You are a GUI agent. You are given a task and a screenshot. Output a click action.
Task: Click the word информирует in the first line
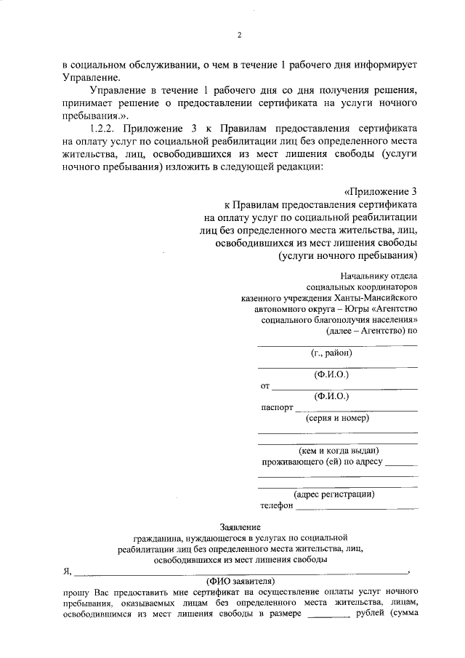[377, 65]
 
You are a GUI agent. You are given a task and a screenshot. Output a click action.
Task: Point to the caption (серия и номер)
[338, 419]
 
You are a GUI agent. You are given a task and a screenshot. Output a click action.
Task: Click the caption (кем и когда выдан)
[338, 451]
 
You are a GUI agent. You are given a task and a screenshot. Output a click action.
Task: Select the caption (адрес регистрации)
[338, 494]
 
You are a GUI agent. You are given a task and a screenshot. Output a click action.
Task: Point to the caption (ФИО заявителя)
[240, 581]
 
